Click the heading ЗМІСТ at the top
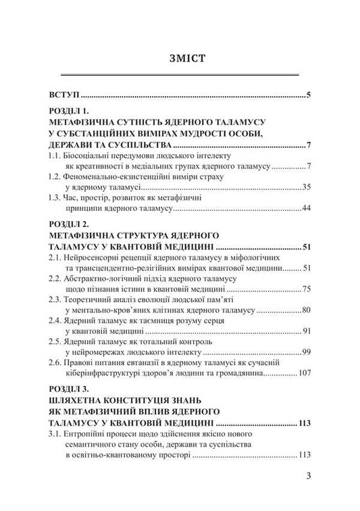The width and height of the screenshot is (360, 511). pos(180,57)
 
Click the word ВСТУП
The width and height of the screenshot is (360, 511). pos(63,94)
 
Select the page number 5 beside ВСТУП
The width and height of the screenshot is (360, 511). pos(308,94)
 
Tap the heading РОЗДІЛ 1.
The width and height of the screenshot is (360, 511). pos(74,111)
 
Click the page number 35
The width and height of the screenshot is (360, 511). pos(305,186)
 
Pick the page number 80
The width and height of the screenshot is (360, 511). pos(305,310)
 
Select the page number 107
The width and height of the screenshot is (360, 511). pos(303,372)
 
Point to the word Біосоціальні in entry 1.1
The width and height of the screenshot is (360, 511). pos(91,155)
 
